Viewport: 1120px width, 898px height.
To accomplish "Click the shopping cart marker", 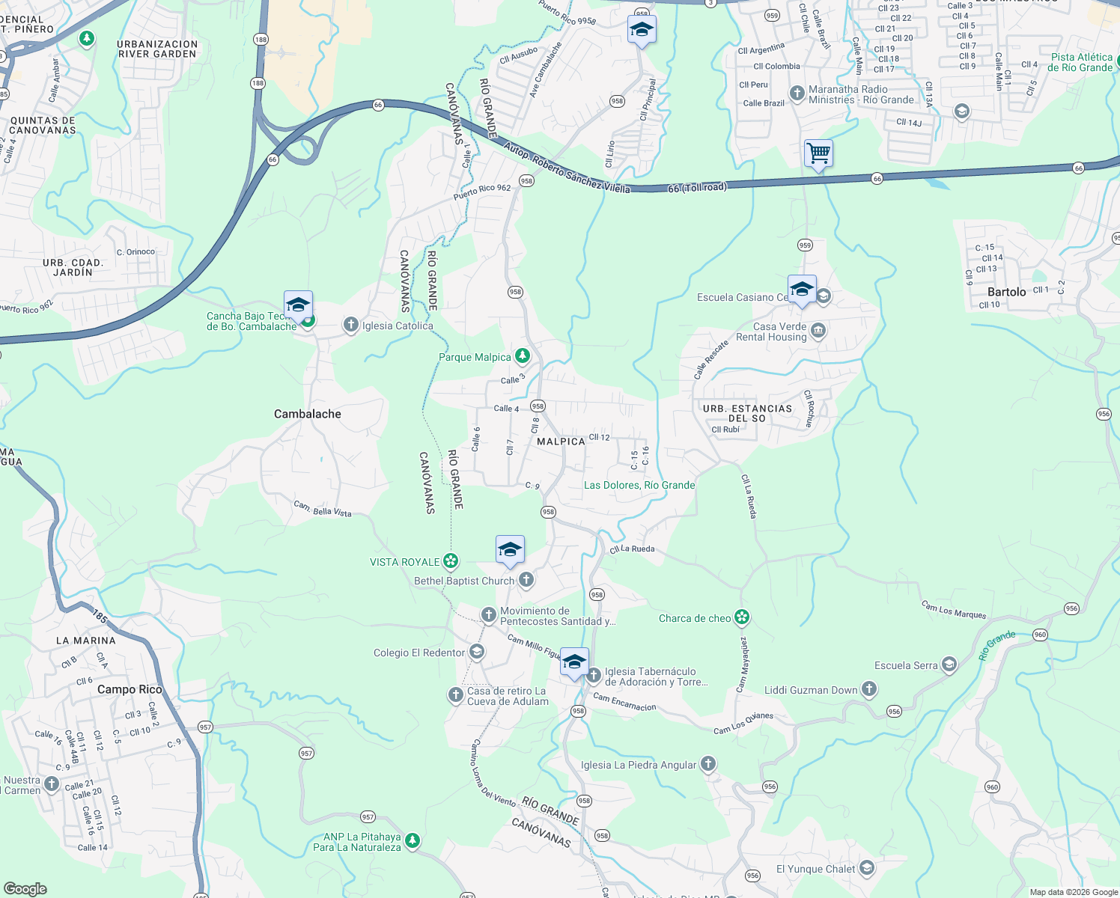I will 818,153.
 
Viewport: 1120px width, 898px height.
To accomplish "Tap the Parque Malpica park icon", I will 523,356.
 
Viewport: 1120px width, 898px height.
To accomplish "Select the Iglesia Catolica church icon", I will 350,325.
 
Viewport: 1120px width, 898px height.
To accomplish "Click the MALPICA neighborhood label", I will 561,442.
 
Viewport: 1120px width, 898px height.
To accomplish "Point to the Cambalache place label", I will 308,414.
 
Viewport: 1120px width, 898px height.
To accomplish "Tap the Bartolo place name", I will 1006,292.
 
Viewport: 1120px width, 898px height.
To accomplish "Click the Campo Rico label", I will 130,689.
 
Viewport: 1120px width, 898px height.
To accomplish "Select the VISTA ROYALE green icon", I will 450,561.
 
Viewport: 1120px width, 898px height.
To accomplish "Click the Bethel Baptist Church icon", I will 526,579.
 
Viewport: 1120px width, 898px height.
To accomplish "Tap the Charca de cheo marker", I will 742,617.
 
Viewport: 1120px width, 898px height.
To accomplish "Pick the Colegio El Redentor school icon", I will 477,652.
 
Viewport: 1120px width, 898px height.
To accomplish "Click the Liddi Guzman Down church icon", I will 868,689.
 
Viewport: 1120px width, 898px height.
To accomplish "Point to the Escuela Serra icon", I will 949,665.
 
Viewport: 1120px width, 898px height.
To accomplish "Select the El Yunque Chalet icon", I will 867,868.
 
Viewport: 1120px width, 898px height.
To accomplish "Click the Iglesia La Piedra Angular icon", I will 708,764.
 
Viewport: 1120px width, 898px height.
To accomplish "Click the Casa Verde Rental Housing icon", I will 818,330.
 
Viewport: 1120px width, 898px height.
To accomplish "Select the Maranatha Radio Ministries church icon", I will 797,94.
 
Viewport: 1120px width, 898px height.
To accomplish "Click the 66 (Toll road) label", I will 697,187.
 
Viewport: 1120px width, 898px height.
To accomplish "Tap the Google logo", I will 25,888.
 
